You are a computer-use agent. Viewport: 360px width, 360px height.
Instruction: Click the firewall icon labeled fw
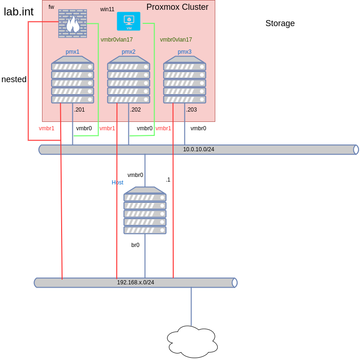click(72, 23)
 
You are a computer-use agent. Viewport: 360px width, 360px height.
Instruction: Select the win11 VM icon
click(128, 21)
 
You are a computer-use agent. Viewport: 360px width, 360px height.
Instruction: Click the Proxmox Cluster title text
click(177, 7)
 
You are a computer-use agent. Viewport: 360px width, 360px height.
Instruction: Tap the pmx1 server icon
click(72, 80)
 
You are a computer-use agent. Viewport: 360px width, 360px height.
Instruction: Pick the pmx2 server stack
click(128, 80)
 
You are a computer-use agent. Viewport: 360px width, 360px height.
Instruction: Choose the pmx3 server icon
click(184, 80)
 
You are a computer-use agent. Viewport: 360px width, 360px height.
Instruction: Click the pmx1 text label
click(72, 52)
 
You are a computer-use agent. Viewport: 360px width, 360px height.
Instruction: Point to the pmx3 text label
click(184, 52)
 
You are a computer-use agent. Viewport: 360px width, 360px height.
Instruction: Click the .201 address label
click(80, 110)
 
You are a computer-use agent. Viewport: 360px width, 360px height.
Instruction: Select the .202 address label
click(136, 110)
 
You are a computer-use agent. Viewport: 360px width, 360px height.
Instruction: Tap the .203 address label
click(192, 110)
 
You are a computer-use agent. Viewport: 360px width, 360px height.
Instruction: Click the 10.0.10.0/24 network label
click(198, 149)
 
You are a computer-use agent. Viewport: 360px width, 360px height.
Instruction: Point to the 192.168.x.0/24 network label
click(135, 282)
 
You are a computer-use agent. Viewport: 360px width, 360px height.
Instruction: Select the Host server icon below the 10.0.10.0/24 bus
click(145, 211)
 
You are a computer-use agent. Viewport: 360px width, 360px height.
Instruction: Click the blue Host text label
click(118, 183)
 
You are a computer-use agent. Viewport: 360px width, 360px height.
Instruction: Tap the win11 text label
click(107, 9)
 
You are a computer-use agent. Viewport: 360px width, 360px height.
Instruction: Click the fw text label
click(51, 7)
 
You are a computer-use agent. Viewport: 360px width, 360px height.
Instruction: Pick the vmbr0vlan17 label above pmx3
click(176, 40)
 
